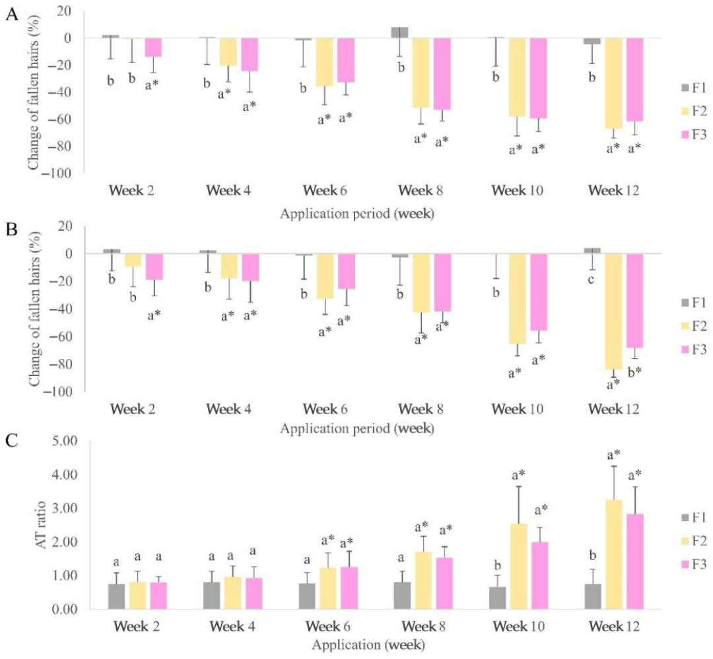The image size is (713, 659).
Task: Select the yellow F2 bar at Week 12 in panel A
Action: [613, 83]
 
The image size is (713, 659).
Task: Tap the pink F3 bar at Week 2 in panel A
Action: [153, 47]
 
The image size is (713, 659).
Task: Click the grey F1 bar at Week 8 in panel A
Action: [400, 33]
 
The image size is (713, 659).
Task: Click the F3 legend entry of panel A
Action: [694, 135]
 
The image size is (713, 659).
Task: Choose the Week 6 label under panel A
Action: [325, 190]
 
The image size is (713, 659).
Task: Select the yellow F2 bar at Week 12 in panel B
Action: [613, 311]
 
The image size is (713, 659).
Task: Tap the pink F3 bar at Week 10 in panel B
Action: [539, 292]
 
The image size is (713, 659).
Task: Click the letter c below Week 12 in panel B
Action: [591, 280]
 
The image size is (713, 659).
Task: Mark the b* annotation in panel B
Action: [634, 372]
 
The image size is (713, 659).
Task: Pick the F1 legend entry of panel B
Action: [694, 303]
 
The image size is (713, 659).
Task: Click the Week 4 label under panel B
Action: [228, 409]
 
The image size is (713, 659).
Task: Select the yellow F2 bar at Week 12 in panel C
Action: [614, 555]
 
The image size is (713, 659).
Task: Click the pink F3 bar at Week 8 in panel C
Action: [444, 584]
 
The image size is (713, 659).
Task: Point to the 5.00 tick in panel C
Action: [65, 441]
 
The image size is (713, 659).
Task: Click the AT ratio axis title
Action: [42, 525]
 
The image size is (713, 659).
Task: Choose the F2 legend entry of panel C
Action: [694, 541]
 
